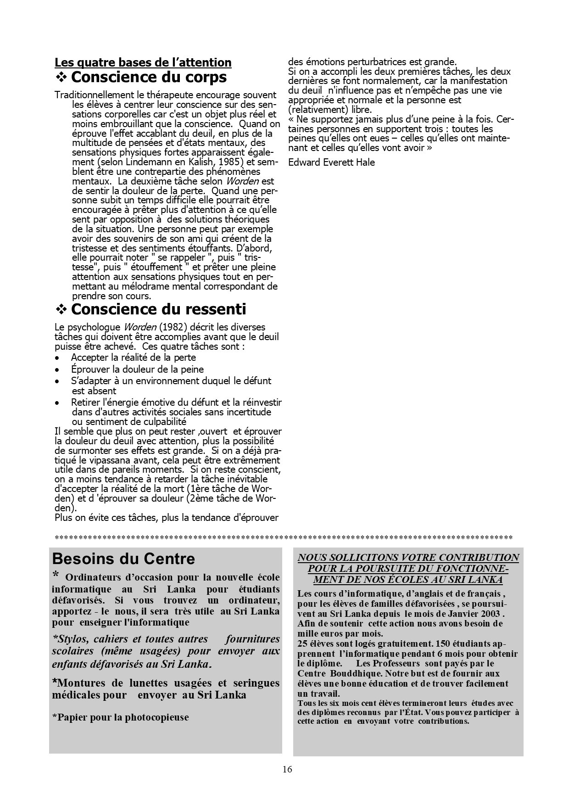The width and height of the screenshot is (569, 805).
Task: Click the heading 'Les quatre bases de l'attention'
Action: (x=143, y=62)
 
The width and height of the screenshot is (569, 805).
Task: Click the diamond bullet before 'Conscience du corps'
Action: (x=61, y=77)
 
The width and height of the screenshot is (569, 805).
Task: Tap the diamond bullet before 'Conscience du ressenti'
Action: (x=61, y=309)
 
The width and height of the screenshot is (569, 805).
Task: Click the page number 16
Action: (x=287, y=769)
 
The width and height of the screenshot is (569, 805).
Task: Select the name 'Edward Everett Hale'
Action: (x=331, y=162)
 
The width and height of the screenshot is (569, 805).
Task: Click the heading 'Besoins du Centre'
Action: (x=123, y=559)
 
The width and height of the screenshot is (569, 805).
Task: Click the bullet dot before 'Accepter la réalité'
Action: (x=57, y=358)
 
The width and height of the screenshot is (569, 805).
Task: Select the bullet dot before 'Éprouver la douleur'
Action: (x=57, y=369)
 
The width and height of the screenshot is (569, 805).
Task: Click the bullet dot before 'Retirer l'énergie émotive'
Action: (x=57, y=402)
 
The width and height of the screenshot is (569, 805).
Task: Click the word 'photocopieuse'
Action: (x=156, y=717)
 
